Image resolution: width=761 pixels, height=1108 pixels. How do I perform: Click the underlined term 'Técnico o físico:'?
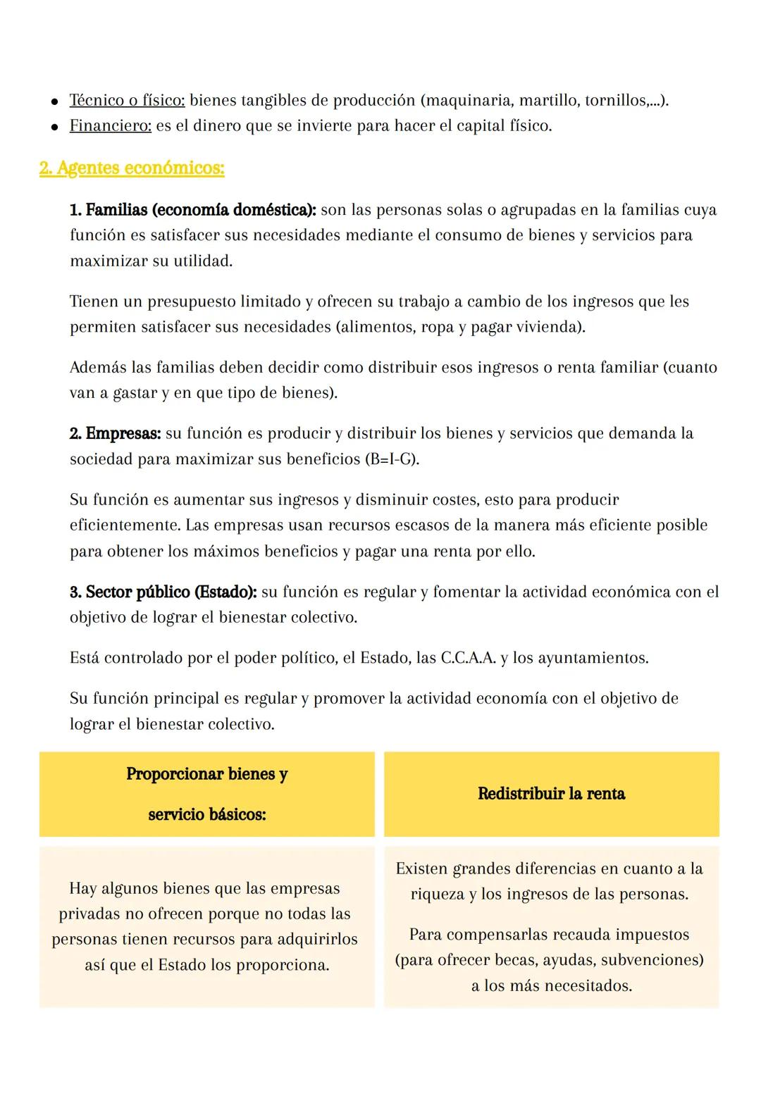click(x=127, y=101)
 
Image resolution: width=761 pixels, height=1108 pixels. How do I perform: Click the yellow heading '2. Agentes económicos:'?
click(x=132, y=169)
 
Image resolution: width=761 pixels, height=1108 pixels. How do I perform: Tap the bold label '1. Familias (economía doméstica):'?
click(x=193, y=210)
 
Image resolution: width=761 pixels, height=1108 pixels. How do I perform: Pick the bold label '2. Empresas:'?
click(x=116, y=433)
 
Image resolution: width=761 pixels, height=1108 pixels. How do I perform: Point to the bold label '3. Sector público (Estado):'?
click(x=163, y=592)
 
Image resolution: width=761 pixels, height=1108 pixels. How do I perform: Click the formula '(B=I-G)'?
click(x=391, y=459)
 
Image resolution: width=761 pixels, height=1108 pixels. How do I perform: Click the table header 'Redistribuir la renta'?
click(x=551, y=794)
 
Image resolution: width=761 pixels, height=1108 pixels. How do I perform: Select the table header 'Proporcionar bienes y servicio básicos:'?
click(x=206, y=794)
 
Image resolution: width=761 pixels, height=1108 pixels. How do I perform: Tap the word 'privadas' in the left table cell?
click(x=89, y=914)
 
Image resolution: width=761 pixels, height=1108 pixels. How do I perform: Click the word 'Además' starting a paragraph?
click(x=97, y=368)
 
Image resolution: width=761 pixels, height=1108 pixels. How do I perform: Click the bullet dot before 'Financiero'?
click(x=54, y=127)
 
